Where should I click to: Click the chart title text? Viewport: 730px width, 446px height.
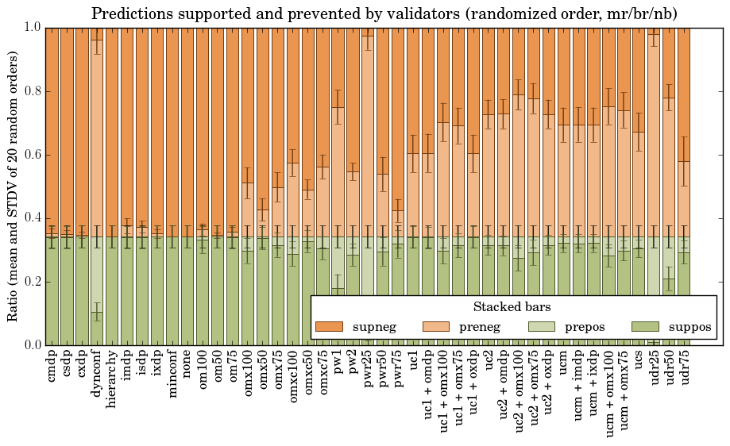(384, 13)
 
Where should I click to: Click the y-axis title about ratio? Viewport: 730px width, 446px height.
(14, 186)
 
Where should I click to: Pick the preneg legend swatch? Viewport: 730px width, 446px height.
(435, 327)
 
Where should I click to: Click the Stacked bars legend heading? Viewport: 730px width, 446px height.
(512, 306)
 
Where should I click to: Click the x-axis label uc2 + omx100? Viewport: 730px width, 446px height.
(519, 389)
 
